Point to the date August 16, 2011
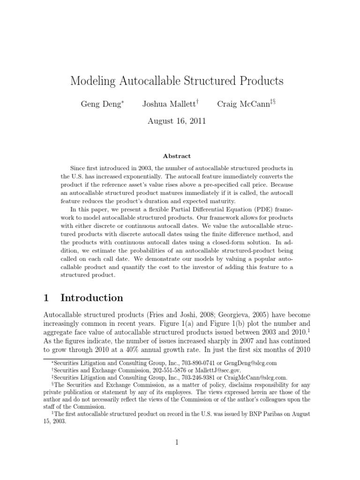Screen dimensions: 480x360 tap(177, 121)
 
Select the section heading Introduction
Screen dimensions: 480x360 tap(92, 298)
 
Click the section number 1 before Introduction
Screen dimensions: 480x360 tap(46, 298)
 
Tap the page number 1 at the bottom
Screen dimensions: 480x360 tap(177, 442)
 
